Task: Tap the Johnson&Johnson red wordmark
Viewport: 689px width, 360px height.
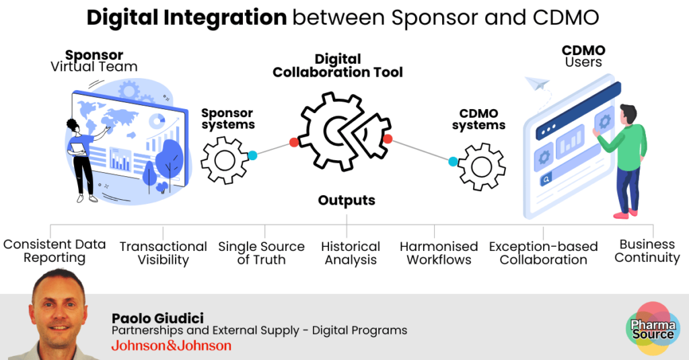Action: (171, 346)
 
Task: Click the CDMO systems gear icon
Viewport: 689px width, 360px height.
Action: (482, 166)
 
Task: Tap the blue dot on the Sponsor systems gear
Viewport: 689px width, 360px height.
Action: (252, 155)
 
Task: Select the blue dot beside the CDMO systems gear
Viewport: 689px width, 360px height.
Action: (454, 161)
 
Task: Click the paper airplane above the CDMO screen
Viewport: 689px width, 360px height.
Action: (538, 83)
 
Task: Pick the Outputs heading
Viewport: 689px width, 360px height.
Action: (347, 201)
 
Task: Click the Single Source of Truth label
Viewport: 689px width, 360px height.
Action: (261, 253)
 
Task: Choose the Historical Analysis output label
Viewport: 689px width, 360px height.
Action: (351, 253)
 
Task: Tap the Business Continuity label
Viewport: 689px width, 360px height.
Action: (647, 251)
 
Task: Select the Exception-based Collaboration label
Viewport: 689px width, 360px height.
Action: (543, 253)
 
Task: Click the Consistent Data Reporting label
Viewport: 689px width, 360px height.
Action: (55, 251)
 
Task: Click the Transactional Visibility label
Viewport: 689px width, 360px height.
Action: (163, 253)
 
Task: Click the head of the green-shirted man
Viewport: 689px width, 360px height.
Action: (628, 114)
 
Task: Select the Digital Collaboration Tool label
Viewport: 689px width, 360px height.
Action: (338, 65)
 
